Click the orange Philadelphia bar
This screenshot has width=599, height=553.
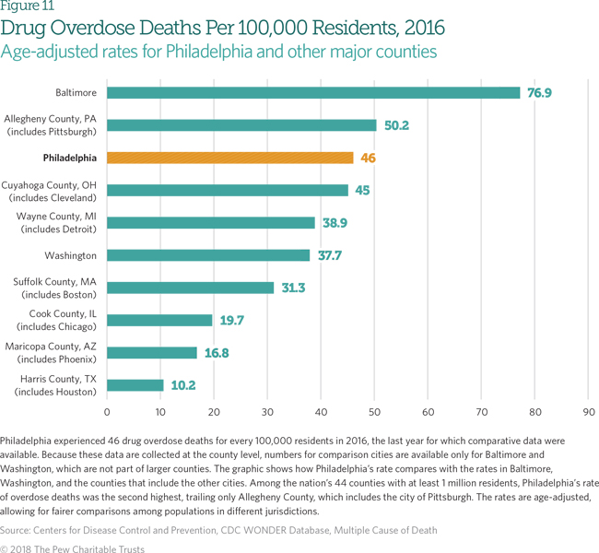(x=229, y=158)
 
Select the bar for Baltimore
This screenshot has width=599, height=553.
(x=313, y=92)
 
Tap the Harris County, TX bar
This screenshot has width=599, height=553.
(x=135, y=385)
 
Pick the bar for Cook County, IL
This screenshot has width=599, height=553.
(x=159, y=320)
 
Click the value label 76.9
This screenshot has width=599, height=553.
(x=539, y=93)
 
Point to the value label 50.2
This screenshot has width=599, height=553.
(x=396, y=125)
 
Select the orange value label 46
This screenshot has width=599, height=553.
(x=368, y=159)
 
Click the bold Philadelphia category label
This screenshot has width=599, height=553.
(x=69, y=158)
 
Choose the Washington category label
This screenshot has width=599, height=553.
(x=70, y=255)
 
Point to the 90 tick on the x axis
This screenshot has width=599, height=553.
(x=589, y=411)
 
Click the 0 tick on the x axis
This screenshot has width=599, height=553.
(x=107, y=411)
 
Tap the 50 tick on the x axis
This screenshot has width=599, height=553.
(x=375, y=411)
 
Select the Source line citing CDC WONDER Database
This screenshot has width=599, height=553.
(x=218, y=530)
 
